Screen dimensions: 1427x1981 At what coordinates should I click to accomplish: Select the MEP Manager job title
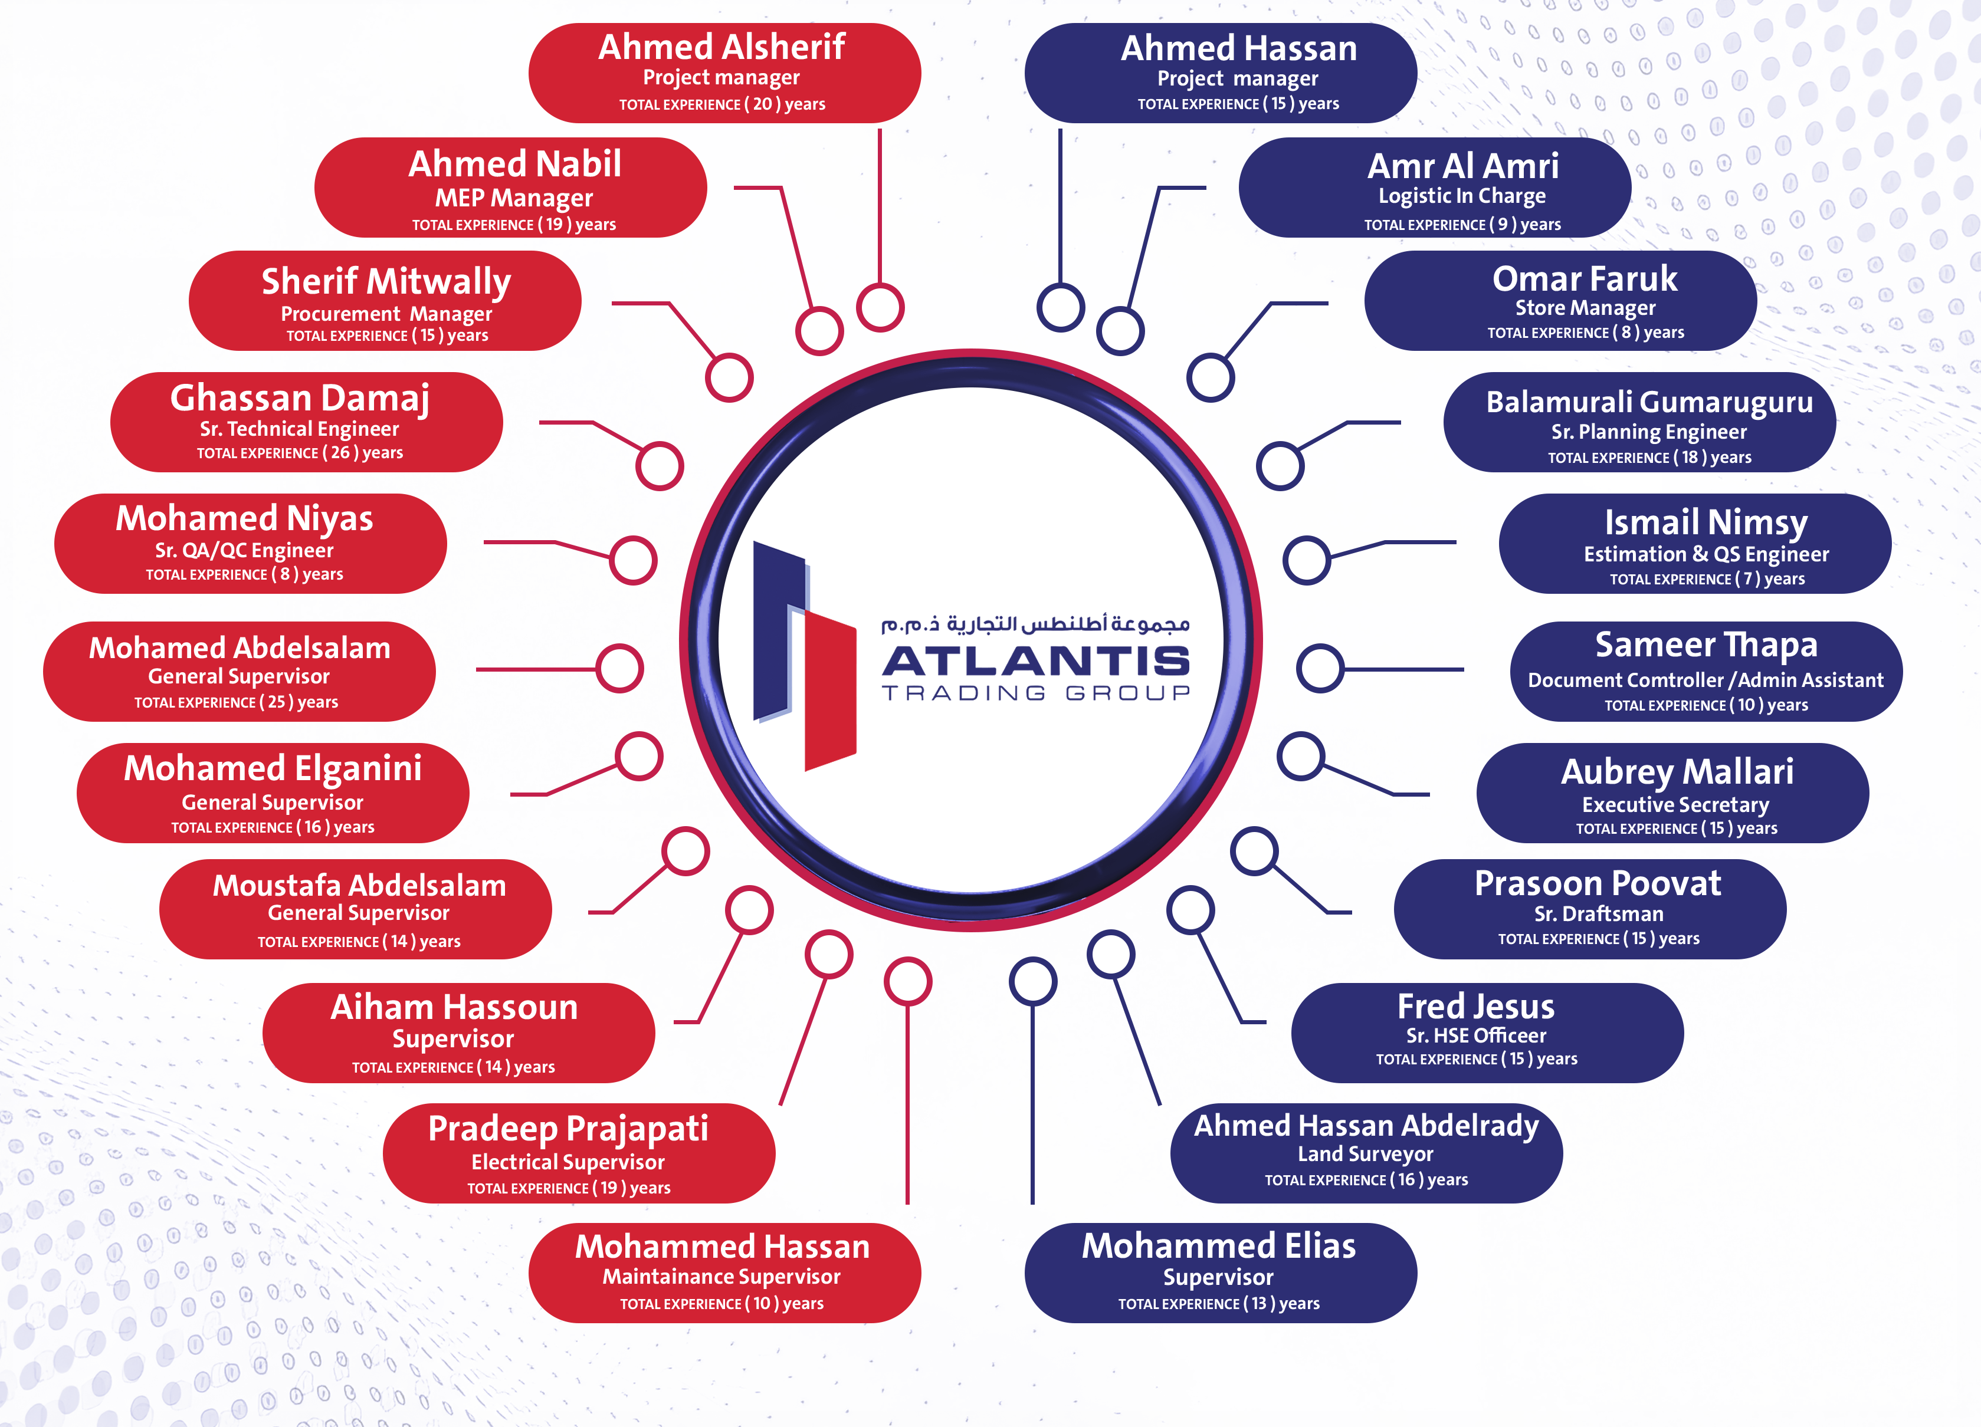pos(514,198)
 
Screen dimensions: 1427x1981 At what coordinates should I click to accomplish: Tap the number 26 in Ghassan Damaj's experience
pos(340,452)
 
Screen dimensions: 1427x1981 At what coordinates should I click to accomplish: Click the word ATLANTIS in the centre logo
pos(1036,661)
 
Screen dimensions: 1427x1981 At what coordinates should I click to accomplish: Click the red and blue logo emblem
pos(803,655)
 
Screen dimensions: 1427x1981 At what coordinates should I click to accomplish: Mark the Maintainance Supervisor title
pos(721,1276)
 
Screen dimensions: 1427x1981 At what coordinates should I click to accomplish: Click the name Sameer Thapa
pos(1706,645)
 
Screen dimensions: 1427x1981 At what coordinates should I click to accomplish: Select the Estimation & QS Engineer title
pos(1706,554)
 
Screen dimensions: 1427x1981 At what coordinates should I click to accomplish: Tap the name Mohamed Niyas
pos(245,519)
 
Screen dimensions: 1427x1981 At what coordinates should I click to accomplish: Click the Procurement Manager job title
pos(386,314)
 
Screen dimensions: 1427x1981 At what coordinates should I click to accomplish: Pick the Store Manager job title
pos(1585,307)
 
